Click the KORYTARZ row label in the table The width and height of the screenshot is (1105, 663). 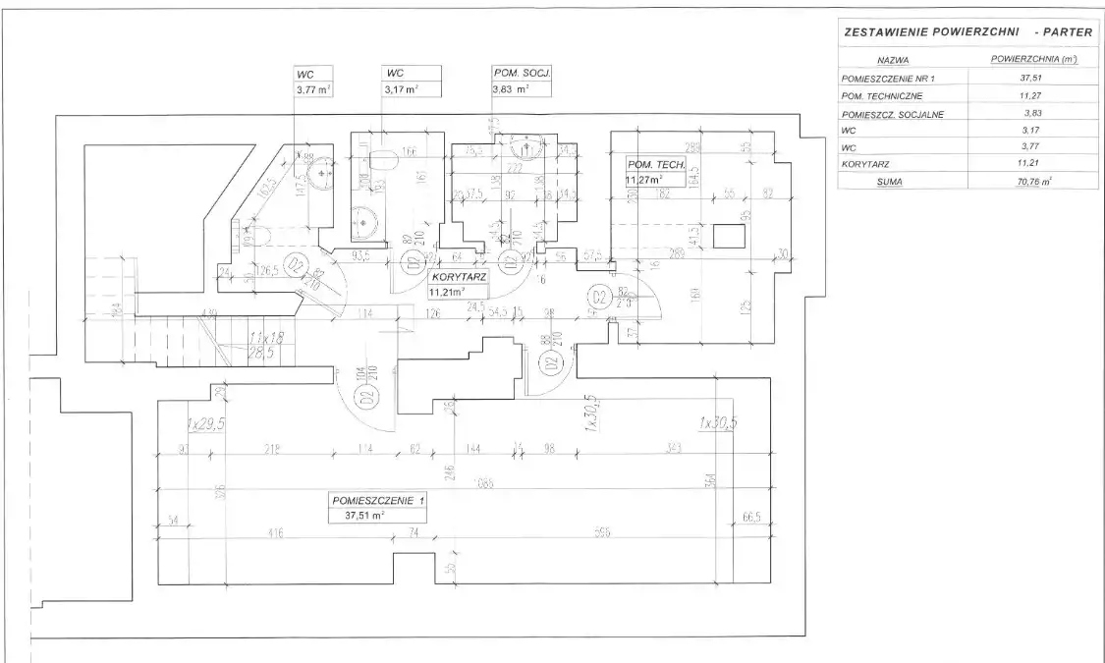(866, 164)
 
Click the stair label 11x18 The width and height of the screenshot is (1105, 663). (266, 337)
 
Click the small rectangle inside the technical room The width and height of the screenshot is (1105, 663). (729, 236)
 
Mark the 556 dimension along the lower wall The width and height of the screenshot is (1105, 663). (602, 534)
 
